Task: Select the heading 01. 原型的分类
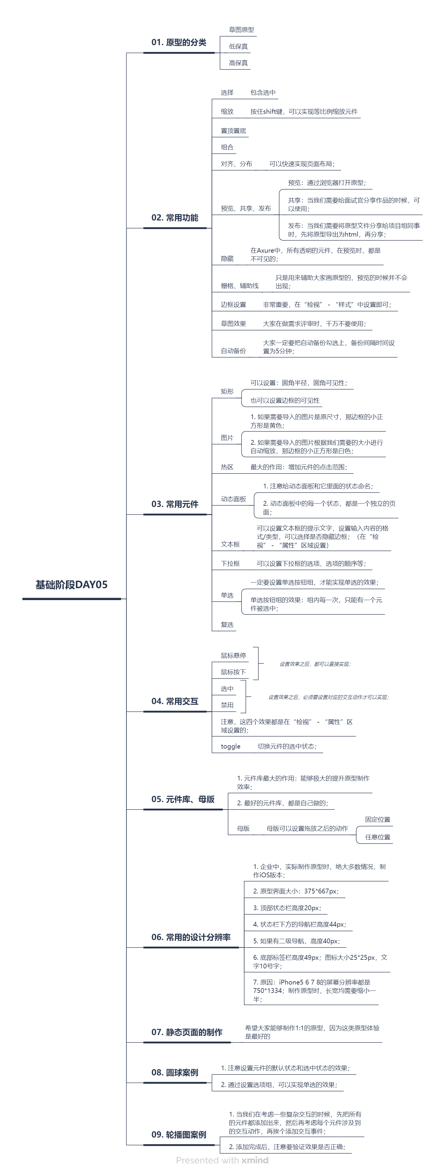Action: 179,42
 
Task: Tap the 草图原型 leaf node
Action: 241,30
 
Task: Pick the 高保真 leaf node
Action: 238,63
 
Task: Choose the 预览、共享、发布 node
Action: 246,208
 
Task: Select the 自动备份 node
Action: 233,351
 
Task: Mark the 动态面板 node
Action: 233,499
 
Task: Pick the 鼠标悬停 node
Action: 233,656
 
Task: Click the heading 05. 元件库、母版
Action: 183,799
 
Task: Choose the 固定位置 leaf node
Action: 377,819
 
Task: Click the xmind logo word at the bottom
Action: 255,1160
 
